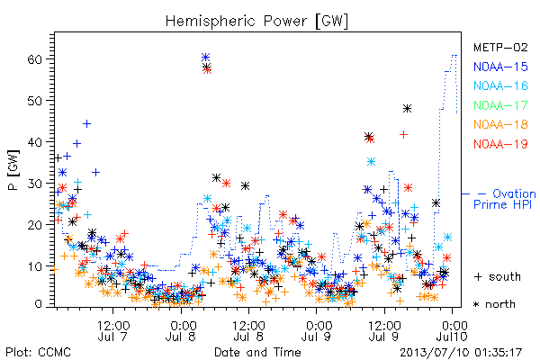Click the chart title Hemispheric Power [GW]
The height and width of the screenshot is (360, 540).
[256, 22]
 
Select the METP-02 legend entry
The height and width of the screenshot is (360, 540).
[500, 47]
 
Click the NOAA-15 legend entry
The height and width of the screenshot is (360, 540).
[500, 67]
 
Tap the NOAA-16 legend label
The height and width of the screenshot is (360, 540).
[500, 85]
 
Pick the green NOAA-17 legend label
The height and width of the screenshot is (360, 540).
[500, 105]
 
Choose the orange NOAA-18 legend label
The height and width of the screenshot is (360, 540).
[500, 124]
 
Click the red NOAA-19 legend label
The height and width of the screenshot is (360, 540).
[500, 144]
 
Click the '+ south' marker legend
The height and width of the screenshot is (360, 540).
[498, 276]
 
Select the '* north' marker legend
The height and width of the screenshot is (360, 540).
[494, 304]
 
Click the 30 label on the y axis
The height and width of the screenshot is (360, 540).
[34, 184]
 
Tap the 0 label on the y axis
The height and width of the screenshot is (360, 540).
[38, 304]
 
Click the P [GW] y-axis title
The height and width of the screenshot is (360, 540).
[13, 170]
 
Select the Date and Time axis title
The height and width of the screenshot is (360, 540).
[257, 352]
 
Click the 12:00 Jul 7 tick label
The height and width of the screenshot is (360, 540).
[113, 331]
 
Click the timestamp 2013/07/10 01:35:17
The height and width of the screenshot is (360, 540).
[461, 353]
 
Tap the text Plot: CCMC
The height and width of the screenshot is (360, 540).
[38, 352]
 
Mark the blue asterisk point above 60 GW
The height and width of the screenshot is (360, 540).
[205, 58]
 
